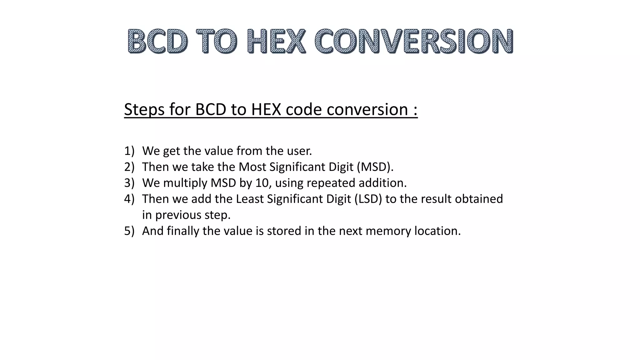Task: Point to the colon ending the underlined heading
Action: point(415,110)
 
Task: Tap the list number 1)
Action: point(129,151)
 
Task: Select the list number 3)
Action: point(129,183)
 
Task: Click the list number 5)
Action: point(129,231)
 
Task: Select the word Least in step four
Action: point(250,199)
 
